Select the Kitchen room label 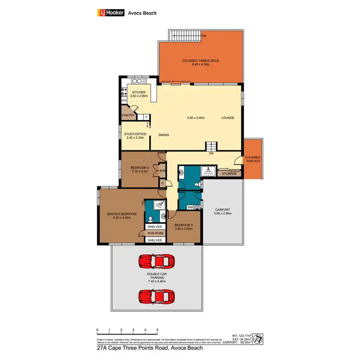(x=139, y=94)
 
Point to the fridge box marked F (x=145, y=117)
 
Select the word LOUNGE (x=228, y=117)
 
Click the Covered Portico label (x=253, y=159)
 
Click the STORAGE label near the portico (x=229, y=173)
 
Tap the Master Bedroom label (x=122, y=216)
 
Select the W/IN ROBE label (x=155, y=233)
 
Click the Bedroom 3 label (x=183, y=227)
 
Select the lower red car (x=155, y=295)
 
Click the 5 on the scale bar (x=157, y=331)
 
